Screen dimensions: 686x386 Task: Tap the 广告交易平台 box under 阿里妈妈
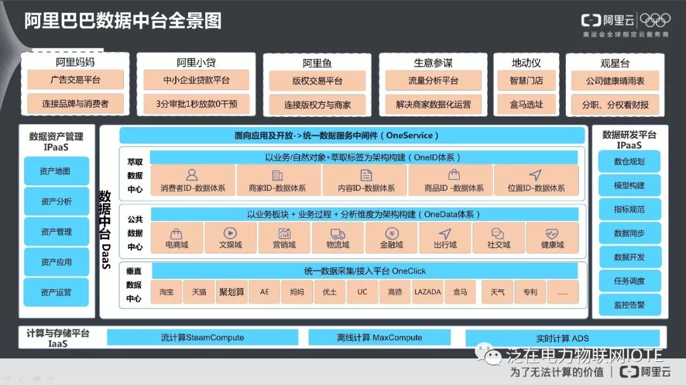tap(75, 81)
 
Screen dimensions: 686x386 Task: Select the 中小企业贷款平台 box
tap(195, 81)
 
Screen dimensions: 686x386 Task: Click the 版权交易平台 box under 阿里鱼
tap(317, 81)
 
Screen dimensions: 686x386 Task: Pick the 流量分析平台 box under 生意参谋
tap(433, 81)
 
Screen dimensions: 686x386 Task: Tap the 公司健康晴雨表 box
tap(614, 81)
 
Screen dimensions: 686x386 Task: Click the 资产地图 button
tap(56, 171)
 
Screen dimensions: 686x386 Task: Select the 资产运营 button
tap(56, 293)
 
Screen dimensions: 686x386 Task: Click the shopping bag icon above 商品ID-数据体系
tap(454, 175)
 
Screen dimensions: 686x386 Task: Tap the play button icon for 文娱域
tap(229, 234)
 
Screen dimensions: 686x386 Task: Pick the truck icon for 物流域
tap(337, 234)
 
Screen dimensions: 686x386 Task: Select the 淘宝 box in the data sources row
tap(166, 292)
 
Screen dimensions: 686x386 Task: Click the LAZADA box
tap(427, 292)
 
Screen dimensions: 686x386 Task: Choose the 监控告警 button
tap(629, 305)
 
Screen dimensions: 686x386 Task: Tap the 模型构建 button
tap(629, 185)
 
